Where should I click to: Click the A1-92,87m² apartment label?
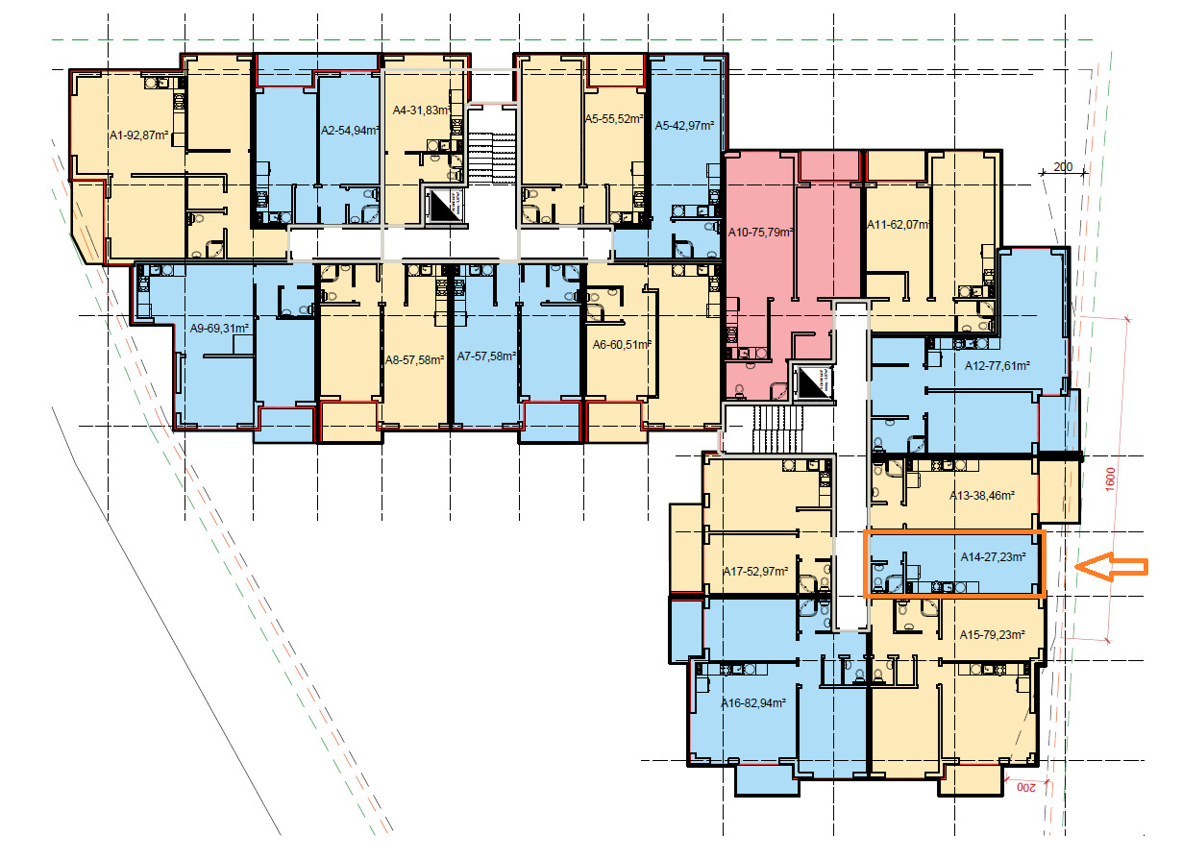click(138, 135)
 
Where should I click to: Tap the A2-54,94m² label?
click(351, 131)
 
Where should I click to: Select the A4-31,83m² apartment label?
click(422, 111)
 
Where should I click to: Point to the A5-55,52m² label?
click(614, 119)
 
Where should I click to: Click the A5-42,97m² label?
click(684, 126)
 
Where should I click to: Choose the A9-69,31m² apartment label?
click(219, 329)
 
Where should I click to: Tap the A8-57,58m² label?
click(415, 359)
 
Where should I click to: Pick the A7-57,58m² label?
click(486, 356)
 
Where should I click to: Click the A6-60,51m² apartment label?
click(622, 345)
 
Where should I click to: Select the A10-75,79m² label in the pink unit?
click(761, 233)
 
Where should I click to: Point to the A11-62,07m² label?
click(899, 225)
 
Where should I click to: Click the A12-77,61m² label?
click(997, 366)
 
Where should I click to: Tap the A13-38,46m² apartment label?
click(982, 496)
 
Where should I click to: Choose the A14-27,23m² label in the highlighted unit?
click(993, 557)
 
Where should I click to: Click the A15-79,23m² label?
click(993, 635)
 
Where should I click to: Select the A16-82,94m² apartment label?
click(753, 702)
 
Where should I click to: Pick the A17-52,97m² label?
click(755, 572)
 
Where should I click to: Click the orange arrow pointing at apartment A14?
click(1111, 567)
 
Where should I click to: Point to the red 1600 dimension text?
click(1110, 479)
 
